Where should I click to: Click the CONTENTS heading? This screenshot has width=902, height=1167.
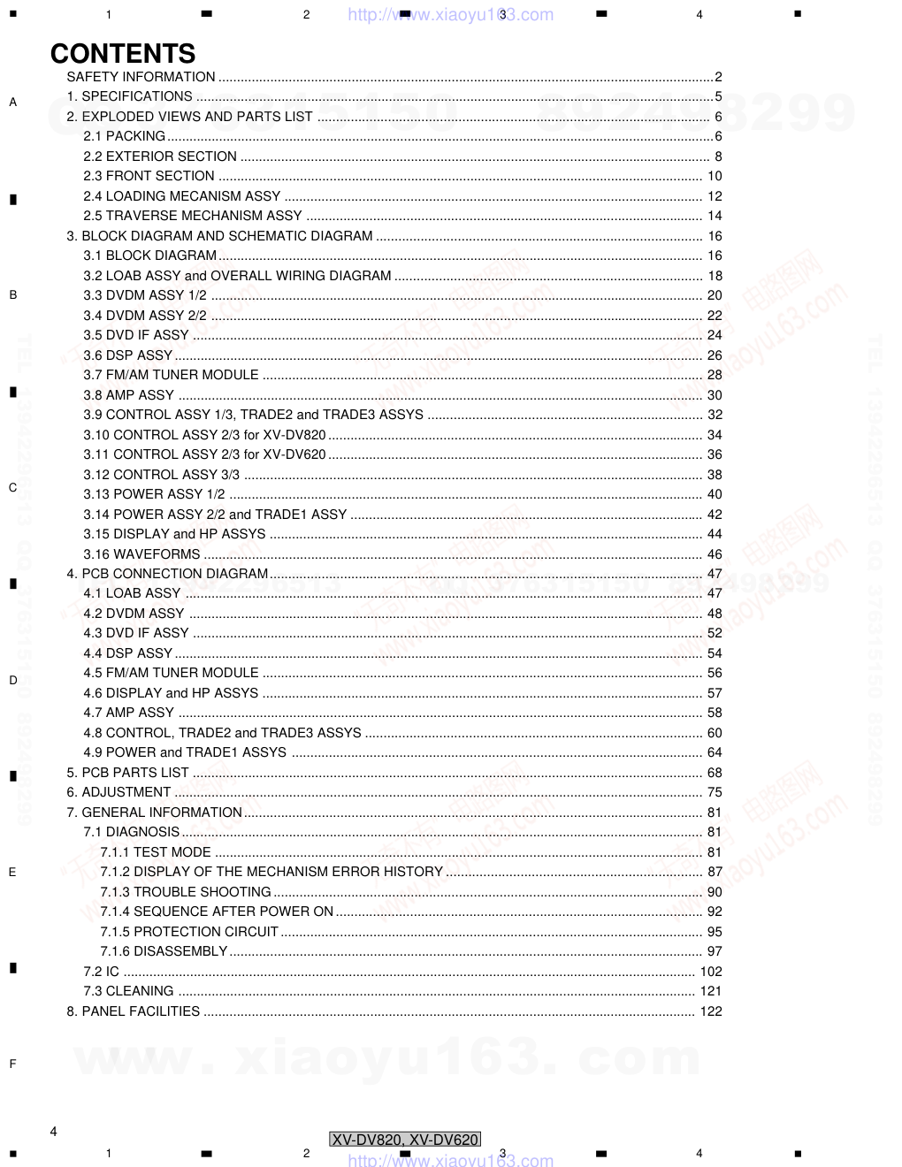[123, 54]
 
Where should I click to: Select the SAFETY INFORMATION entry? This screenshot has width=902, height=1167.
[141, 77]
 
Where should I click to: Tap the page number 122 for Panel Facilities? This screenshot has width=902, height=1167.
[711, 1011]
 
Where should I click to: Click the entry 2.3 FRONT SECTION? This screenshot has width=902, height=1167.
[149, 176]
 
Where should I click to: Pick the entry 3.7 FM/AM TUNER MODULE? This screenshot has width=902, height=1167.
[171, 375]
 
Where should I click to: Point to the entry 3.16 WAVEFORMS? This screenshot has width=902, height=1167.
[141, 554]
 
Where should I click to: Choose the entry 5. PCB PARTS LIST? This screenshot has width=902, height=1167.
[127, 773]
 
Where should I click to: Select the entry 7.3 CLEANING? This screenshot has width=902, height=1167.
[128, 991]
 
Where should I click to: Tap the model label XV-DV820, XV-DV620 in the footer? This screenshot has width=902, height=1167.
[405, 1140]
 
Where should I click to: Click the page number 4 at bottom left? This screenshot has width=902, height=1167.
[54, 1132]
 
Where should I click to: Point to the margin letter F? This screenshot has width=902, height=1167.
[12, 1064]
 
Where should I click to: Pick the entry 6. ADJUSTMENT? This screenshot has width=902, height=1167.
[118, 792]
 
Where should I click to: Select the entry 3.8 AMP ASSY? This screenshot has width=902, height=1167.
[128, 395]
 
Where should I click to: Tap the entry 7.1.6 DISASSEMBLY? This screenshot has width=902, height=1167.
[164, 951]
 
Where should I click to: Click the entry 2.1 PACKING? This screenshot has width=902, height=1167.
[124, 136]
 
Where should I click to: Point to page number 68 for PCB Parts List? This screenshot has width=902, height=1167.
[715, 773]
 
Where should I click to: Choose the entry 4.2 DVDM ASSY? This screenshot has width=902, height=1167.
[134, 614]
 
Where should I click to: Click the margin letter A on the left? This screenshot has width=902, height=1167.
[12, 103]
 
